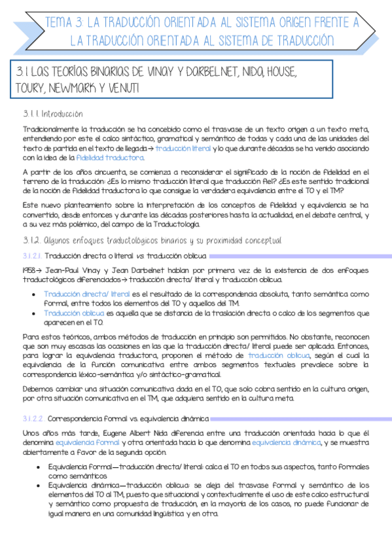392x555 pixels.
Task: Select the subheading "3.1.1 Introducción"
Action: click(x=52, y=115)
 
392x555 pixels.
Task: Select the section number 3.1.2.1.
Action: click(x=32, y=255)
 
